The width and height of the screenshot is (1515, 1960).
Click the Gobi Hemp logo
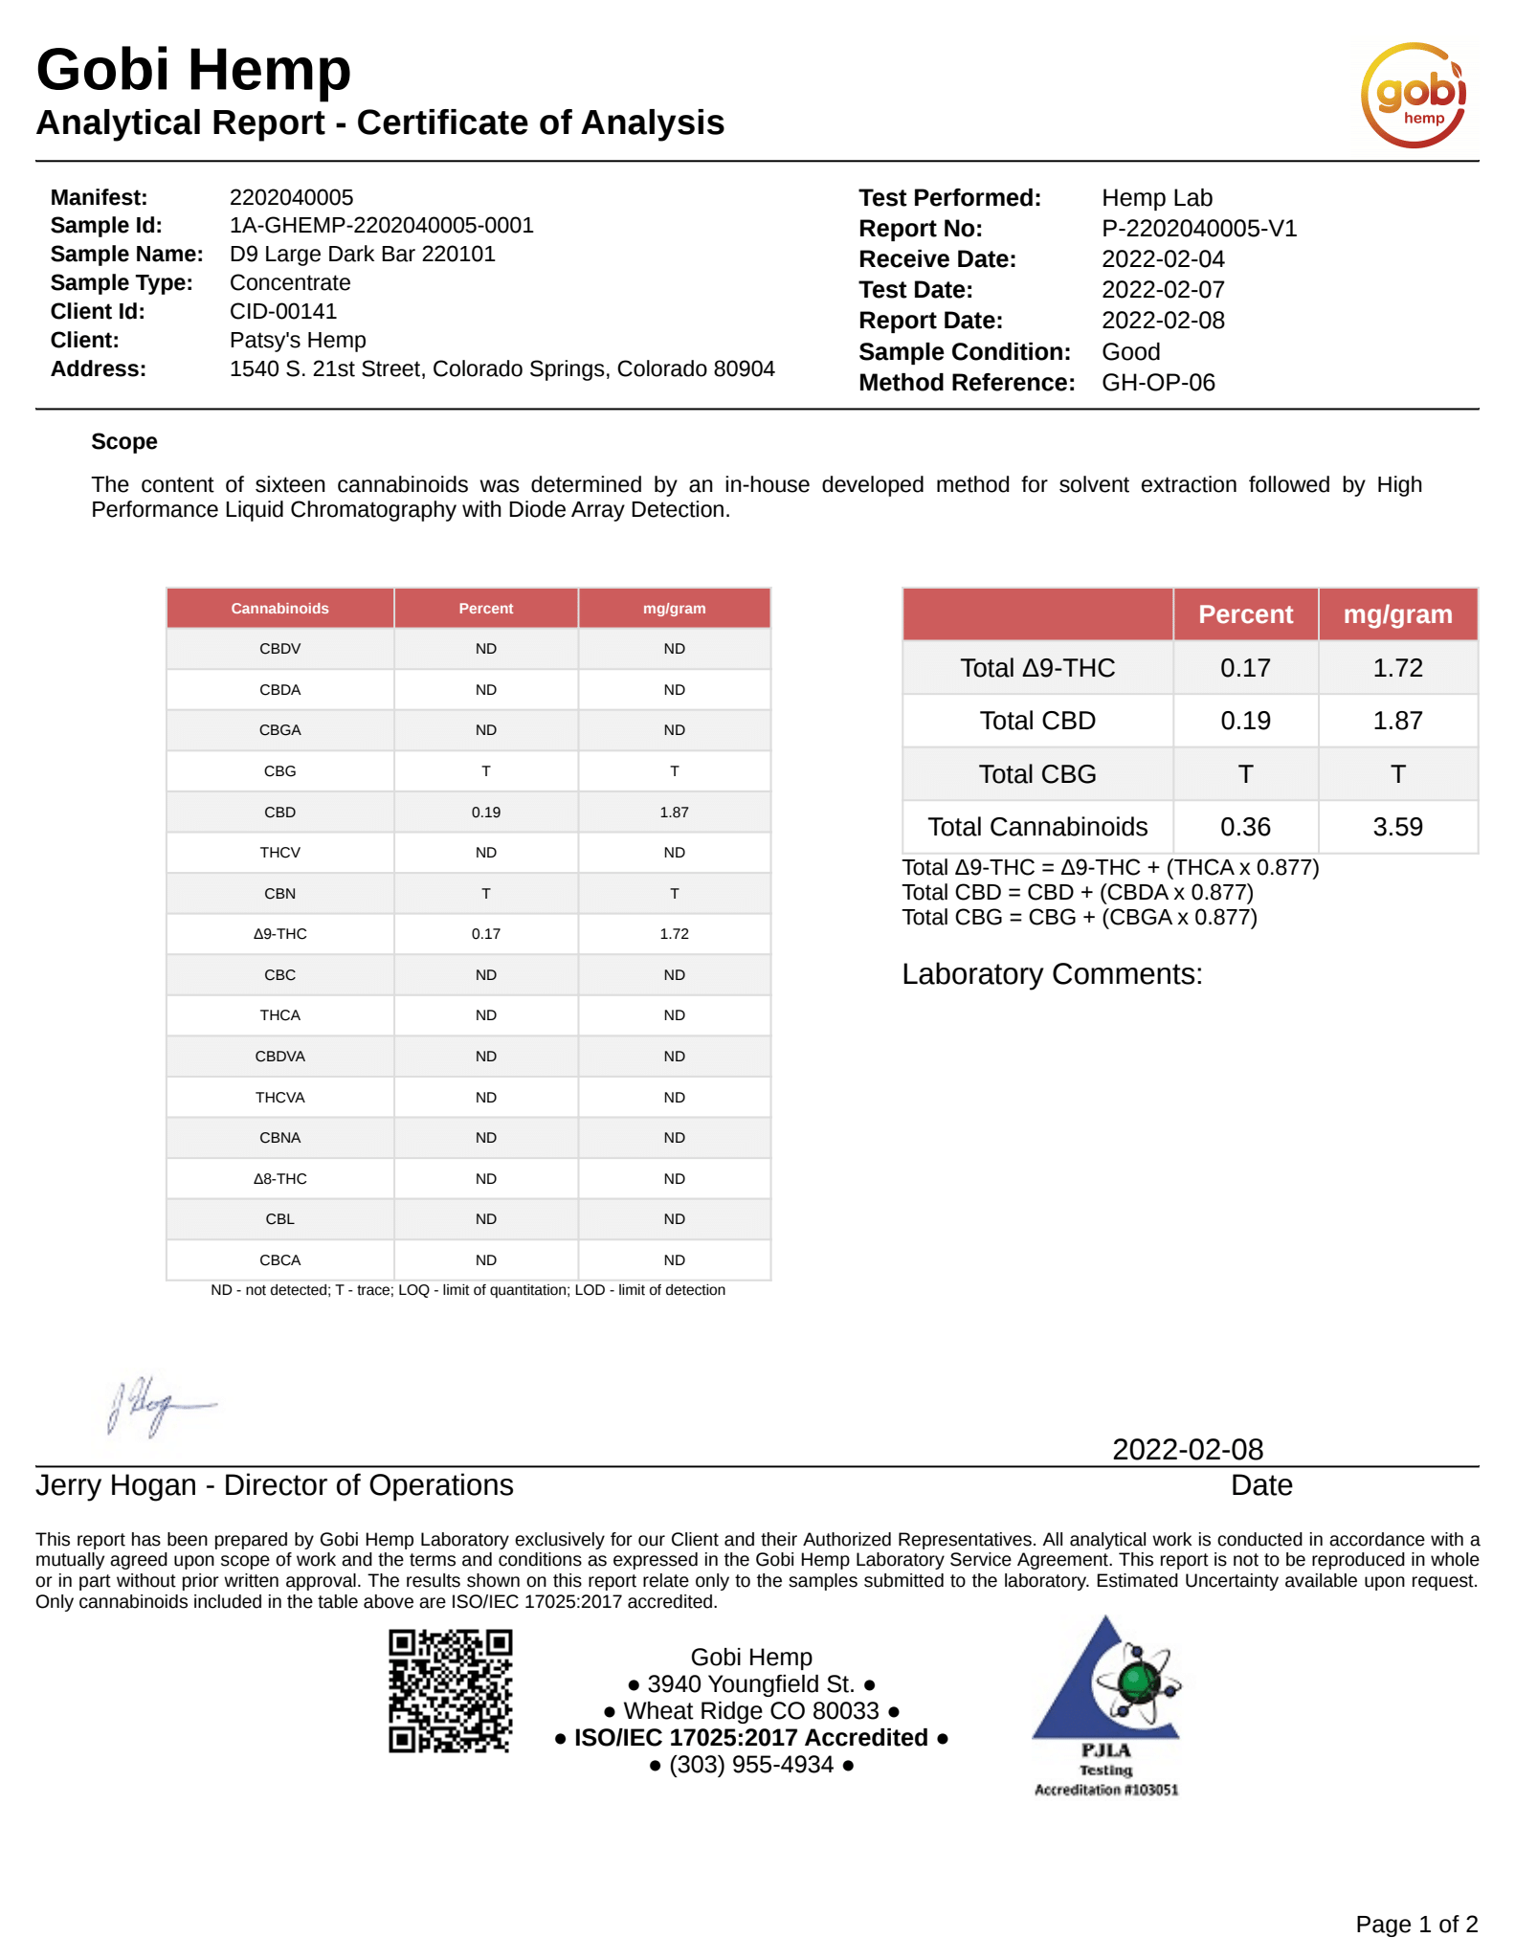1413,95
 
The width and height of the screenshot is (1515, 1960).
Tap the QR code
450,1690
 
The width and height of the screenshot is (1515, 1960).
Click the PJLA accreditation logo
1106,1704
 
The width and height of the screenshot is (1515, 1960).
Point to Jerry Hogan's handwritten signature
160,1405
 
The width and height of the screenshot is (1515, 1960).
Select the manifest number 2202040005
291,197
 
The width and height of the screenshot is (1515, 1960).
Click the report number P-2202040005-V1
1198,229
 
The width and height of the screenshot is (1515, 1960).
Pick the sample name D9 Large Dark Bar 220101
362,255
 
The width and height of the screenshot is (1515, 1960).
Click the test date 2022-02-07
1163,290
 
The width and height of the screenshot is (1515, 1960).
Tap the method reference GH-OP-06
1158,383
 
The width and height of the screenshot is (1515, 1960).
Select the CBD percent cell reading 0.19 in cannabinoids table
485,813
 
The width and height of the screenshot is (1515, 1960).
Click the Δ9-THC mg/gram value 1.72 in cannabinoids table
674,934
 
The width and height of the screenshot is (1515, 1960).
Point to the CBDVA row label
279,1057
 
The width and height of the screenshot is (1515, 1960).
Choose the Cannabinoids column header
279,609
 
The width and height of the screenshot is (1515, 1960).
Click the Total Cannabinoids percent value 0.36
1244,827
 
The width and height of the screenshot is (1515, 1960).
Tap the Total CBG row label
1036,774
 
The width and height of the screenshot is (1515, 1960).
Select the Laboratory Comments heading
1051,974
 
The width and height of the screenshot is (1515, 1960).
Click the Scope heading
124,442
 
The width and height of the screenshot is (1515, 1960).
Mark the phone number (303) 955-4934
751,1764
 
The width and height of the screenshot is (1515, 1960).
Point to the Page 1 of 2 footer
1415,1924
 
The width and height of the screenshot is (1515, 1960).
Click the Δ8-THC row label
279,1179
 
